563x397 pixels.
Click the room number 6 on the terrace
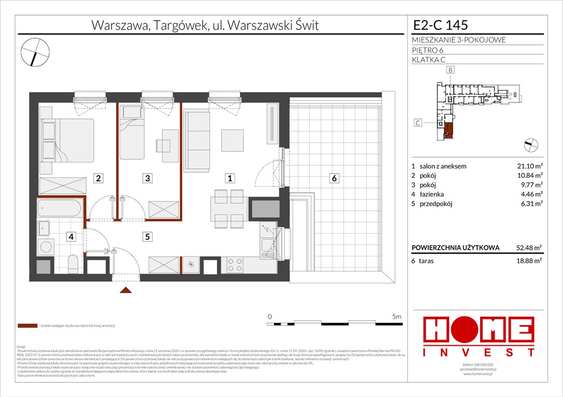335,178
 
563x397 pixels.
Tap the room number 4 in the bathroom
71,237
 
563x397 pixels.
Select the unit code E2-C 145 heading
440,25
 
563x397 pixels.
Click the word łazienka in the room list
432,194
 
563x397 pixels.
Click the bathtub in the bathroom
60,209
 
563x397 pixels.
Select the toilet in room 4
73,265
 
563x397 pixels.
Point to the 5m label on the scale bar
397,316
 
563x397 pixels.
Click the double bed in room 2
67,139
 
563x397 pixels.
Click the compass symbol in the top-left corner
35,51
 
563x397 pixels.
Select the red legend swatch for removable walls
26,326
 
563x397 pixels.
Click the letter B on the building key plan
451,70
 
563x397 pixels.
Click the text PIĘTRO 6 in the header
428,50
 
